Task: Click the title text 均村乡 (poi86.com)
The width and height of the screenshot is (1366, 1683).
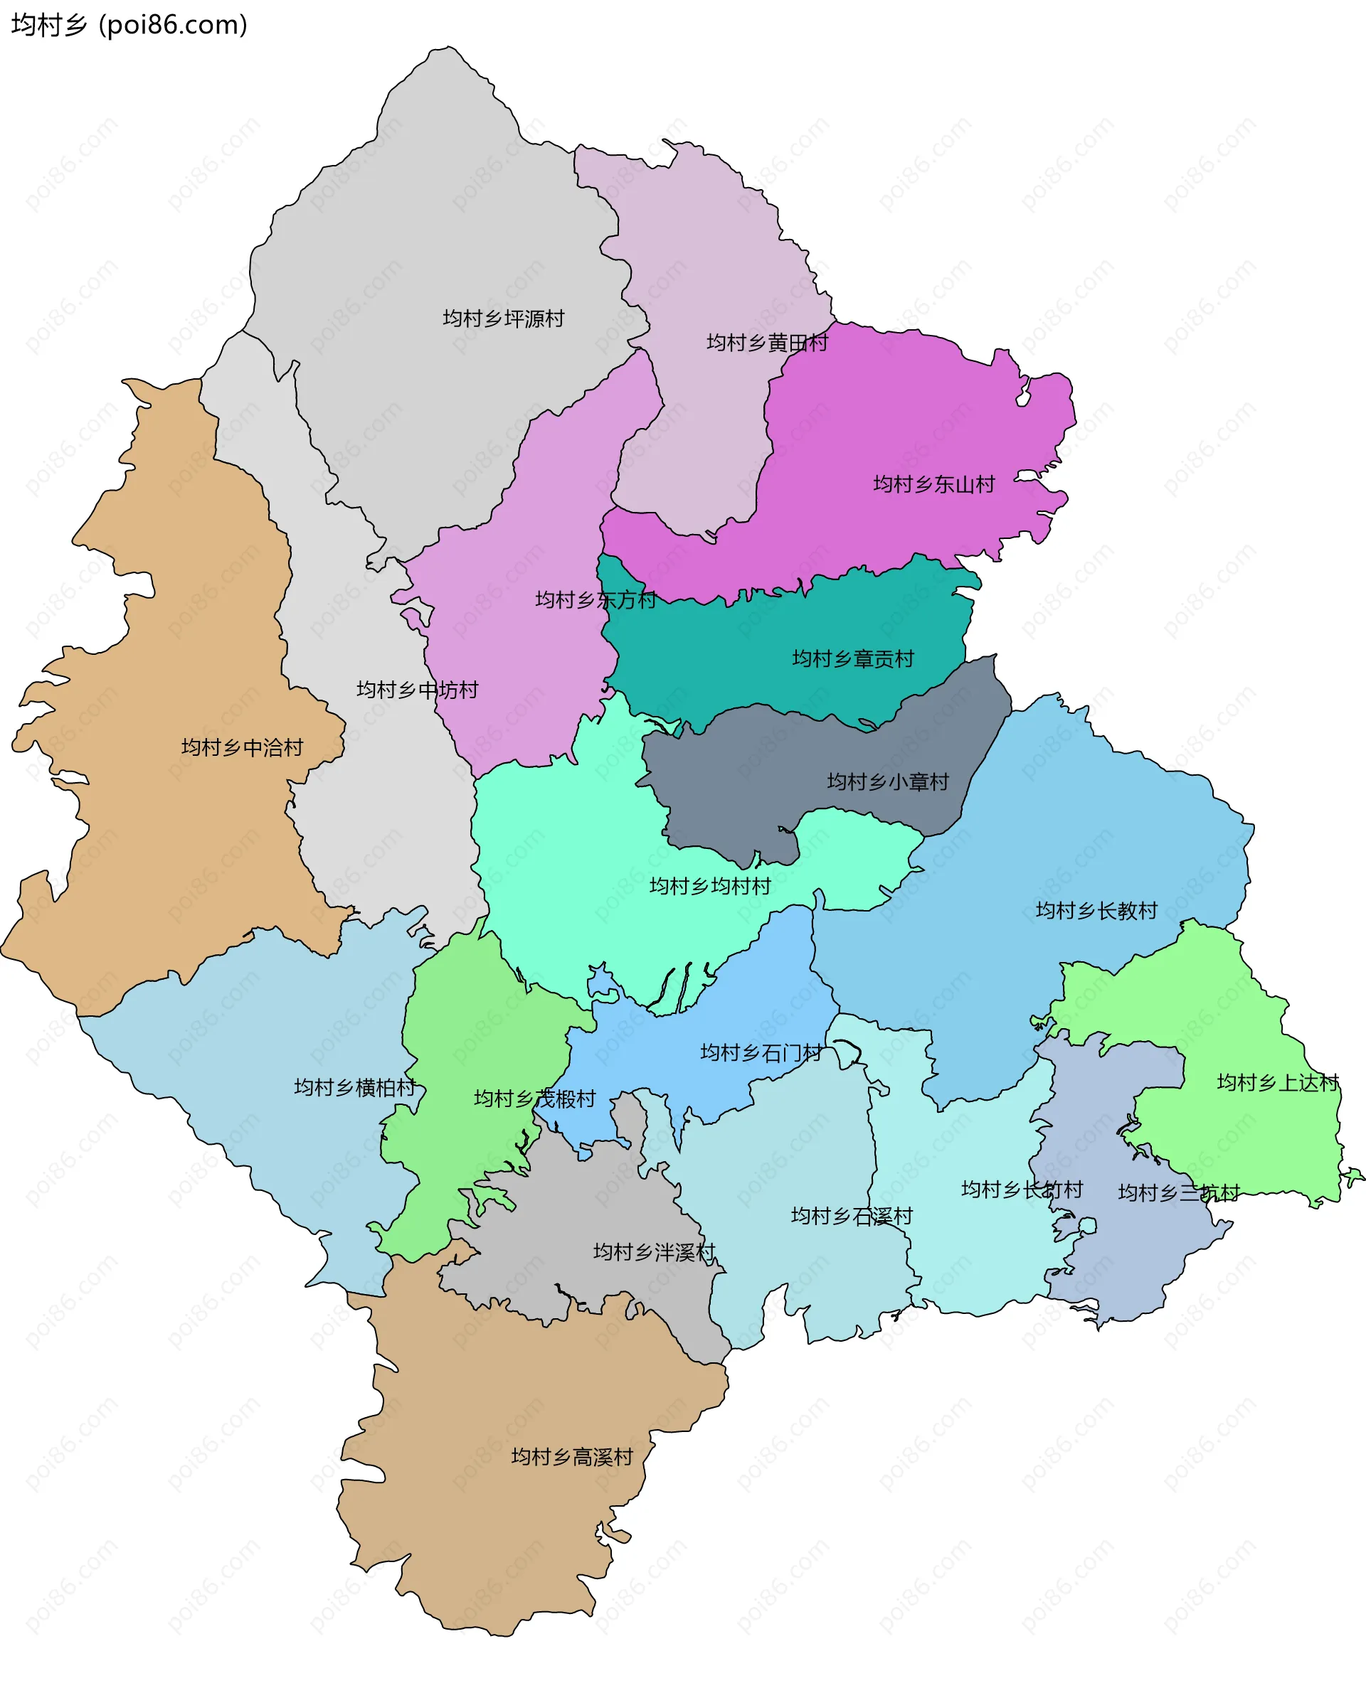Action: (129, 25)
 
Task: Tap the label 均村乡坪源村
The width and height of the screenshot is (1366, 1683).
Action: (503, 319)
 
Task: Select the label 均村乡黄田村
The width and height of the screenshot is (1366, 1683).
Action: (766, 343)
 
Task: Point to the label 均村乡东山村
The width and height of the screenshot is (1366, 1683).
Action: (933, 484)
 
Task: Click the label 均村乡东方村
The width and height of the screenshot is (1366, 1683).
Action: (595, 600)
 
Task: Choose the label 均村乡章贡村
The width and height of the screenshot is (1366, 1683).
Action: (852, 659)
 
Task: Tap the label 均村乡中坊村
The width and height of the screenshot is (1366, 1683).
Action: (417, 690)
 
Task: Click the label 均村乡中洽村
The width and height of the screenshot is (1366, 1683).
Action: (242, 747)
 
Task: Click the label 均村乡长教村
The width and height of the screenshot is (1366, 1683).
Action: (1096, 911)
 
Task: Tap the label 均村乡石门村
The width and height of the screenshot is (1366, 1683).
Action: (760, 1052)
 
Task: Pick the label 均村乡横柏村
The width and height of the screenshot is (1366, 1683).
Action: (354, 1088)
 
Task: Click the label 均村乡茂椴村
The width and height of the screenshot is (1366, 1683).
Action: (534, 1099)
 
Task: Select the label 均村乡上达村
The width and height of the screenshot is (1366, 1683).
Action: (1276, 1083)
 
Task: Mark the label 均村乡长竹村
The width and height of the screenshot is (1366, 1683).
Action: (1022, 1189)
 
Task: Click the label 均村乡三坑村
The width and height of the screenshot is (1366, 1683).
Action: (1178, 1193)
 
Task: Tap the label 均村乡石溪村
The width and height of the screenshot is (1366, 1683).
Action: (851, 1216)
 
